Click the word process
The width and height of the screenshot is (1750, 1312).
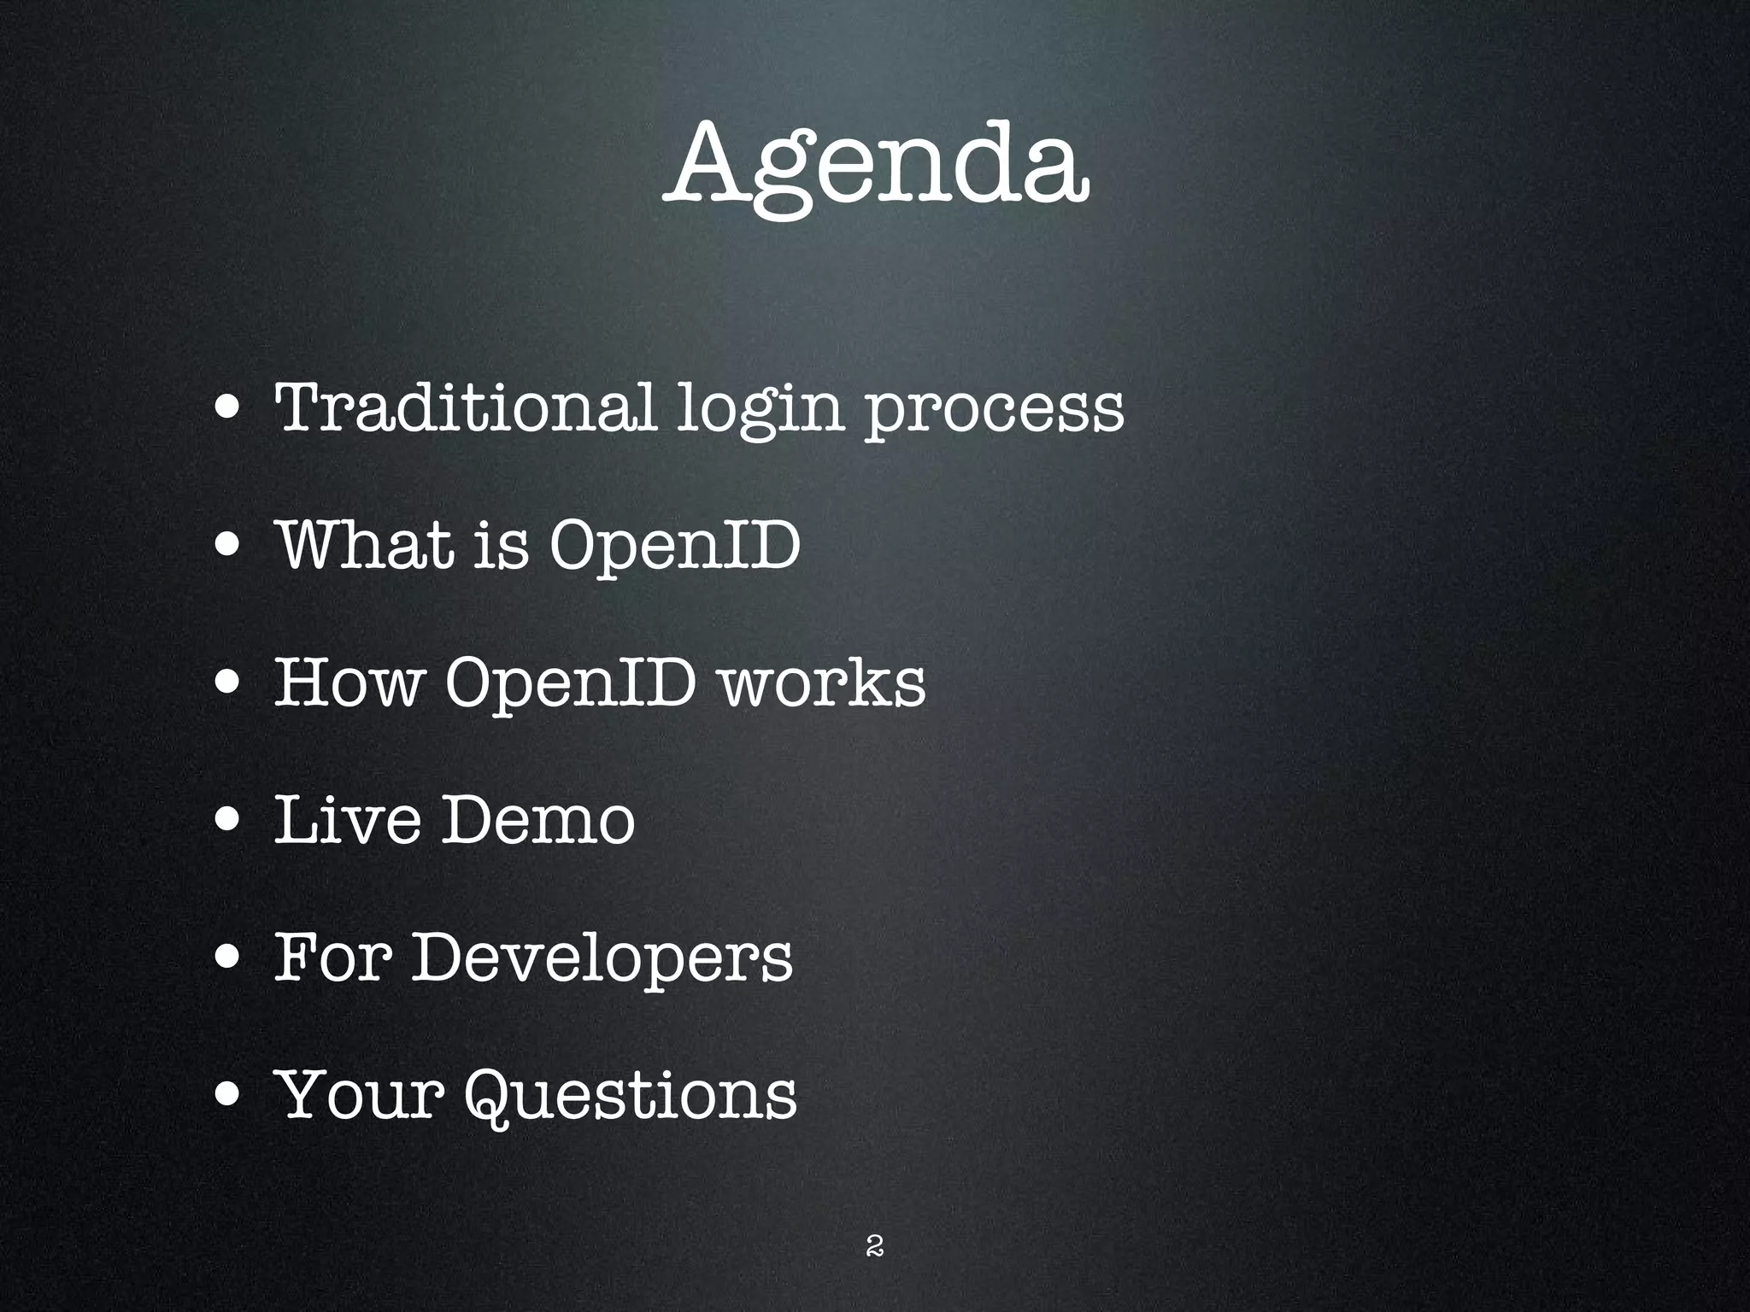click(x=994, y=410)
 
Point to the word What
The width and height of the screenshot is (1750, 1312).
click(x=366, y=544)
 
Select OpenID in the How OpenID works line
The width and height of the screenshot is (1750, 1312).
click(x=570, y=684)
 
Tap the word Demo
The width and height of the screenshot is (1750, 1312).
click(x=537, y=819)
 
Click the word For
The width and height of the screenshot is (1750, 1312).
click(x=333, y=957)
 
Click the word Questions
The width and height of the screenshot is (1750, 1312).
click(x=631, y=1096)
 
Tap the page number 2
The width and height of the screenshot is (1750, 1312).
click(x=874, y=1246)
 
